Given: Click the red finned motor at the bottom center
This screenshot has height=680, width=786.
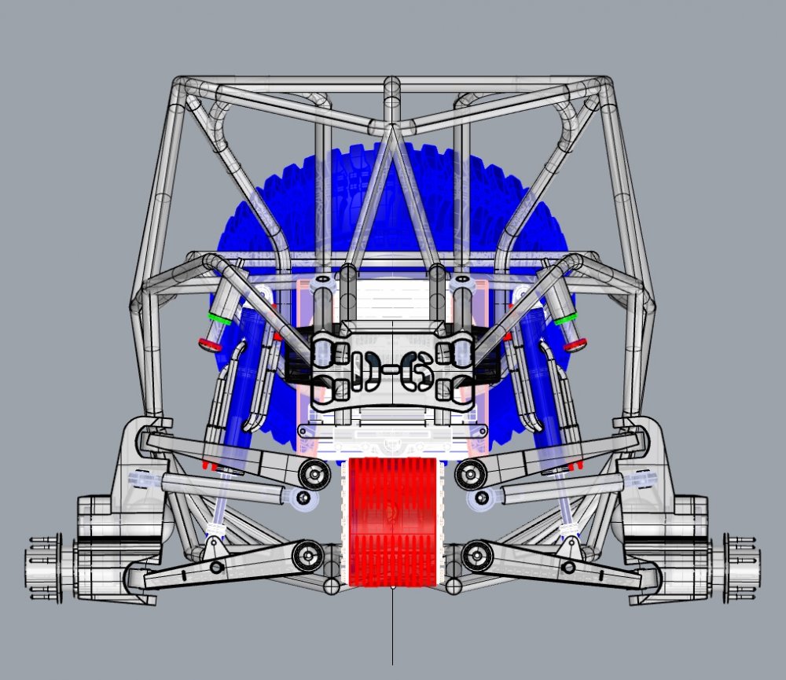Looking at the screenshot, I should point(391,521).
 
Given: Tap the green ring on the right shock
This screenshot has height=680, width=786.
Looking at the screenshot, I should point(565,318).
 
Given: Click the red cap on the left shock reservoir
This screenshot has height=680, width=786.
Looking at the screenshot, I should point(209,344).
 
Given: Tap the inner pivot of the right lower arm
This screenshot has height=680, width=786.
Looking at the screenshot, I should point(476,556).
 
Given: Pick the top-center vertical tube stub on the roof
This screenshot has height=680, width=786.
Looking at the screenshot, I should point(391,94).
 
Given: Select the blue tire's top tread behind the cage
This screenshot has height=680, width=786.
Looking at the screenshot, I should point(393,153).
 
